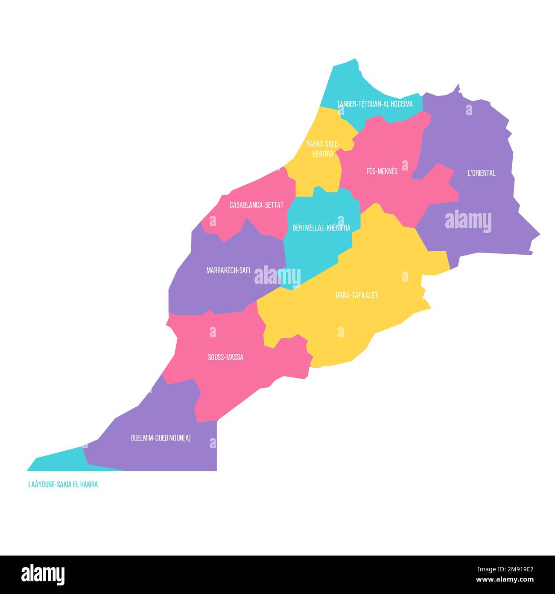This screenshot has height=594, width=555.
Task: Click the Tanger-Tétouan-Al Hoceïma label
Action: (374, 104)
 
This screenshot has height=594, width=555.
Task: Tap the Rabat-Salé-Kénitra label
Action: (323, 149)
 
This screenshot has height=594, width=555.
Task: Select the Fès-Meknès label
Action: (382, 171)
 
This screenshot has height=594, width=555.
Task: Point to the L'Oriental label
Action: (481, 173)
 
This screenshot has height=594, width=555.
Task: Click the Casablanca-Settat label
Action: (256, 205)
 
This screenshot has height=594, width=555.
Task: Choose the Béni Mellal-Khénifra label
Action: (321, 228)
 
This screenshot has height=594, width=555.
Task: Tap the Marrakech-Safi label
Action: (228, 271)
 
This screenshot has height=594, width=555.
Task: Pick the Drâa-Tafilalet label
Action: (356, 295)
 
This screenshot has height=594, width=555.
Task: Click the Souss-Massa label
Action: (225, 357)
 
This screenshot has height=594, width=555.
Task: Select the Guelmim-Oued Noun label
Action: (161, 438)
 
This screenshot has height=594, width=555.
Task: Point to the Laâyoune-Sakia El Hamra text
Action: (63, 485)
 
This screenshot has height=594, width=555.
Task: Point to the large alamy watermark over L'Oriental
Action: (468, 222)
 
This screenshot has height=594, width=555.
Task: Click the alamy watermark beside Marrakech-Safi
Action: (277, 276)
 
